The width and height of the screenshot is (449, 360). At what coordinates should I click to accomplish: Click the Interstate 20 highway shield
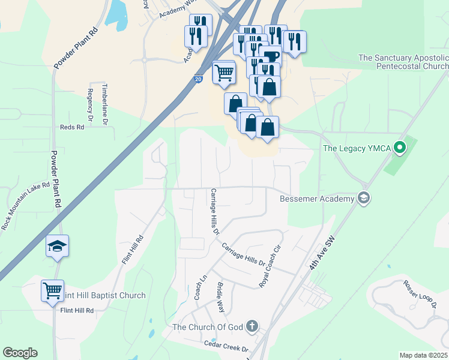[199, 79]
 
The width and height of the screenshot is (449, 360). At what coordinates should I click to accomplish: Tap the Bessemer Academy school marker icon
[363, 198]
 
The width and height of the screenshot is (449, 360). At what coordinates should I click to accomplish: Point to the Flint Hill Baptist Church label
[104, 295]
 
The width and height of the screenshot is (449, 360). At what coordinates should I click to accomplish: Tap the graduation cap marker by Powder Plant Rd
[58, 246]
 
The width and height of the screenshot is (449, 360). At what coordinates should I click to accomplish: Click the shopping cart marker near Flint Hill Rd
[52, 290]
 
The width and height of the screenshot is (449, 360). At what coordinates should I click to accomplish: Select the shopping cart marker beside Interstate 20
[224, 72]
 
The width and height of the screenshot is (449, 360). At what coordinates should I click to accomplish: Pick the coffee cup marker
[271, 56]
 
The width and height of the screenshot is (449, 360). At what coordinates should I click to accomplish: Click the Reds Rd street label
[71, 127]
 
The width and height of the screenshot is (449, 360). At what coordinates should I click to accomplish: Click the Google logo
[20, 353]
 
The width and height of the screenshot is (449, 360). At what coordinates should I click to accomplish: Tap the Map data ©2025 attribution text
[423, 355]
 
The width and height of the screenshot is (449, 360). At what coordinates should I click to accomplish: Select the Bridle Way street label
[220, 298]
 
